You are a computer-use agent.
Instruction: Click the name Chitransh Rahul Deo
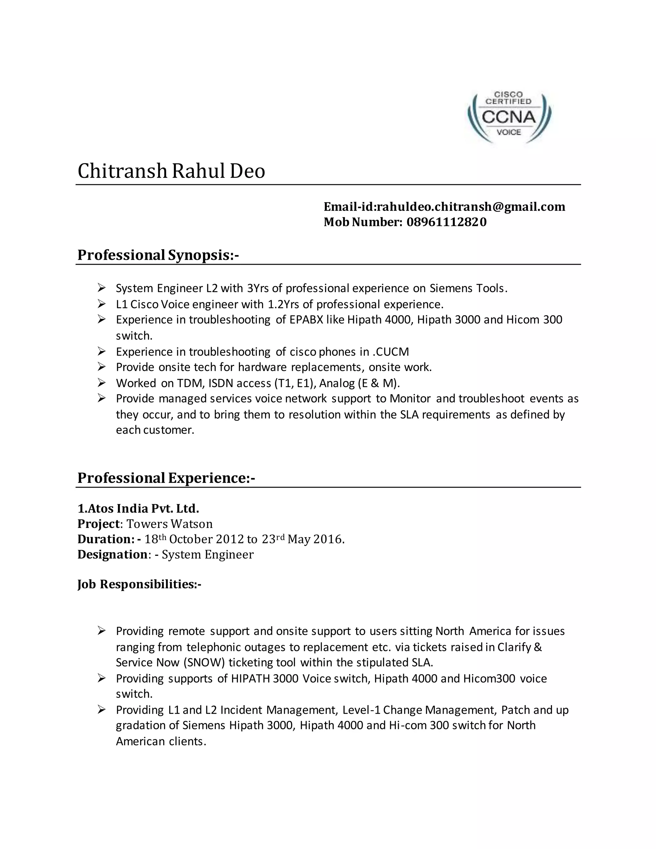[171, 171]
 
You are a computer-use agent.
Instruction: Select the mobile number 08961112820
[447, 222]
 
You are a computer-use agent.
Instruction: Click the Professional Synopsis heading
[158, 255]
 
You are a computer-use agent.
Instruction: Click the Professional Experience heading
[166, 478]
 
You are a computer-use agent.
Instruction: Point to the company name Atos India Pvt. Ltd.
[138, 508]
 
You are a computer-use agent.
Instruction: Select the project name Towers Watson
[170, 524]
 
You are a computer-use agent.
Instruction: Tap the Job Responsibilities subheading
[139, 584]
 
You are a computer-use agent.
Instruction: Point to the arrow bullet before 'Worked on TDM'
[102, 383]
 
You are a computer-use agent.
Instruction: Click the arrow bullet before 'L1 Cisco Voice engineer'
[102, 304]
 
